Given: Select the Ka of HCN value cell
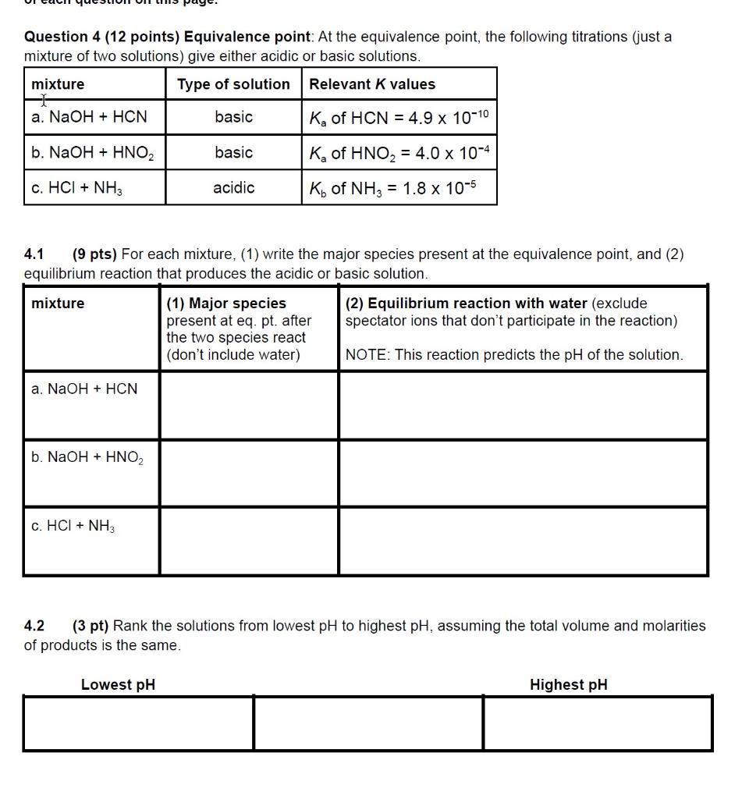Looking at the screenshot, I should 398,117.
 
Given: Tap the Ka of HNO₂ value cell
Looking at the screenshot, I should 398,153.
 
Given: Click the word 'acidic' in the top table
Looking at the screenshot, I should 233,188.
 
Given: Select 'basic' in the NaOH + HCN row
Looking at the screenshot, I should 233,117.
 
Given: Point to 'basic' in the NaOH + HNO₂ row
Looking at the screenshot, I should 233,153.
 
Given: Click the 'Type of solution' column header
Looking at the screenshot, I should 233,84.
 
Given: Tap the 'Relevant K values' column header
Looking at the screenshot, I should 372,84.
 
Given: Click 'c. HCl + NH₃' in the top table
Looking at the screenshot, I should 77,188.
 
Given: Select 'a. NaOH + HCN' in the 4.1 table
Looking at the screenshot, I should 84,389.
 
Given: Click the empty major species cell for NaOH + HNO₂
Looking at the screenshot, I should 249,473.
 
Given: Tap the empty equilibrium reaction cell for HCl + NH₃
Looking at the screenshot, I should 523,541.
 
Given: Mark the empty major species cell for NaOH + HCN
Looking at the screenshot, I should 249,405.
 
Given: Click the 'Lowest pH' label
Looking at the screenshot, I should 118,684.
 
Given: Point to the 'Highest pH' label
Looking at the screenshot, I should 568,684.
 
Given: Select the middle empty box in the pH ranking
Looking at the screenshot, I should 368,723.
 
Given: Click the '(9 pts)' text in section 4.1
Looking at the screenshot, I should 94,254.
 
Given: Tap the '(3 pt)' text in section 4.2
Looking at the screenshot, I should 92,626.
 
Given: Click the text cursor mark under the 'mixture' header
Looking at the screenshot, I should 44,100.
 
